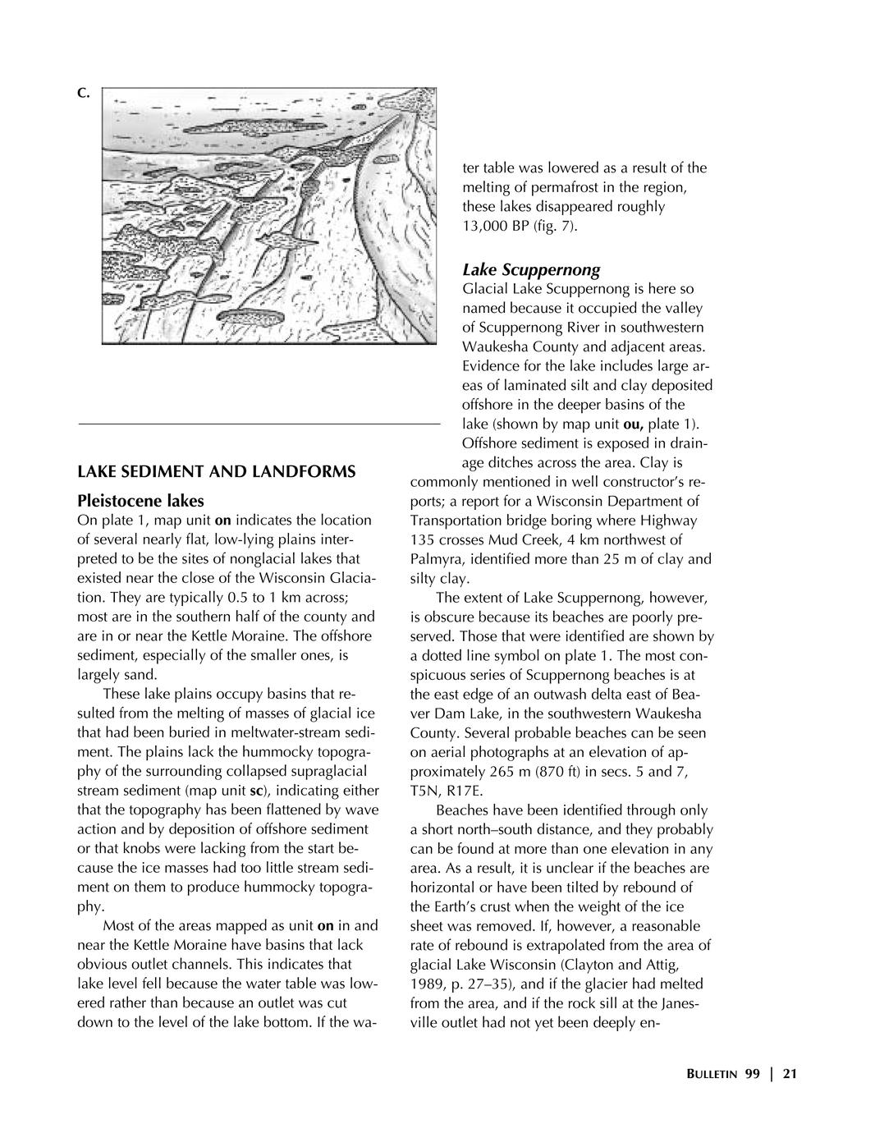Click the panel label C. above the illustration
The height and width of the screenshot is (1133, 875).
pyautogui.click(x=83, y=94)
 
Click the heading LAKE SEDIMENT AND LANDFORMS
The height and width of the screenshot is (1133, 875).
pyautogui.click(x=216, y=471)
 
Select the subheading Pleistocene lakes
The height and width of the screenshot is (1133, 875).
pyautogui.click(x=140, y=500)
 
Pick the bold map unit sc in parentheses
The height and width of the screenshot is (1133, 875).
pyautogui.click(x=254, y=791)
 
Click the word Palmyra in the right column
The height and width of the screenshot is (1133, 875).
pyautogui.click(x=435, y=559)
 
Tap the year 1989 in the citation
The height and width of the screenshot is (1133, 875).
pyautogui.click(x=426, y=984)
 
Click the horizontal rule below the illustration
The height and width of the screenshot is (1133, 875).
pyautogui.click(x=259, y=424)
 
